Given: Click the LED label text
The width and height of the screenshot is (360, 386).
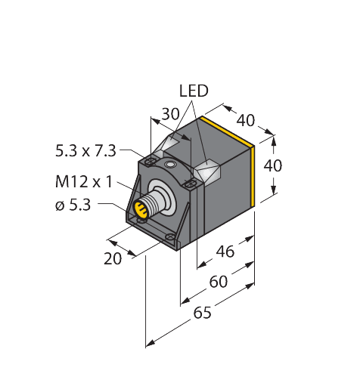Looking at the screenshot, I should click(193, 91).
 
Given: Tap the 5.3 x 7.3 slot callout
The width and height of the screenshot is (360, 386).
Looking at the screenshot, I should click(85, 150).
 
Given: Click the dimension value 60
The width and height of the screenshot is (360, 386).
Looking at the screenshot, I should click(218, 282).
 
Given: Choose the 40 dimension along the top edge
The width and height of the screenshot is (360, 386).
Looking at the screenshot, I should click(245, 120).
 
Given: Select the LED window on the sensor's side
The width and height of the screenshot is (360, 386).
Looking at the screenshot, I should click(209, 173).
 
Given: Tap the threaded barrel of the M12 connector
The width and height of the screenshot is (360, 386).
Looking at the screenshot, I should click(154, 204).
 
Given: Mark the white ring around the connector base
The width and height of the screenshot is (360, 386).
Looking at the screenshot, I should click(168, 198).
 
